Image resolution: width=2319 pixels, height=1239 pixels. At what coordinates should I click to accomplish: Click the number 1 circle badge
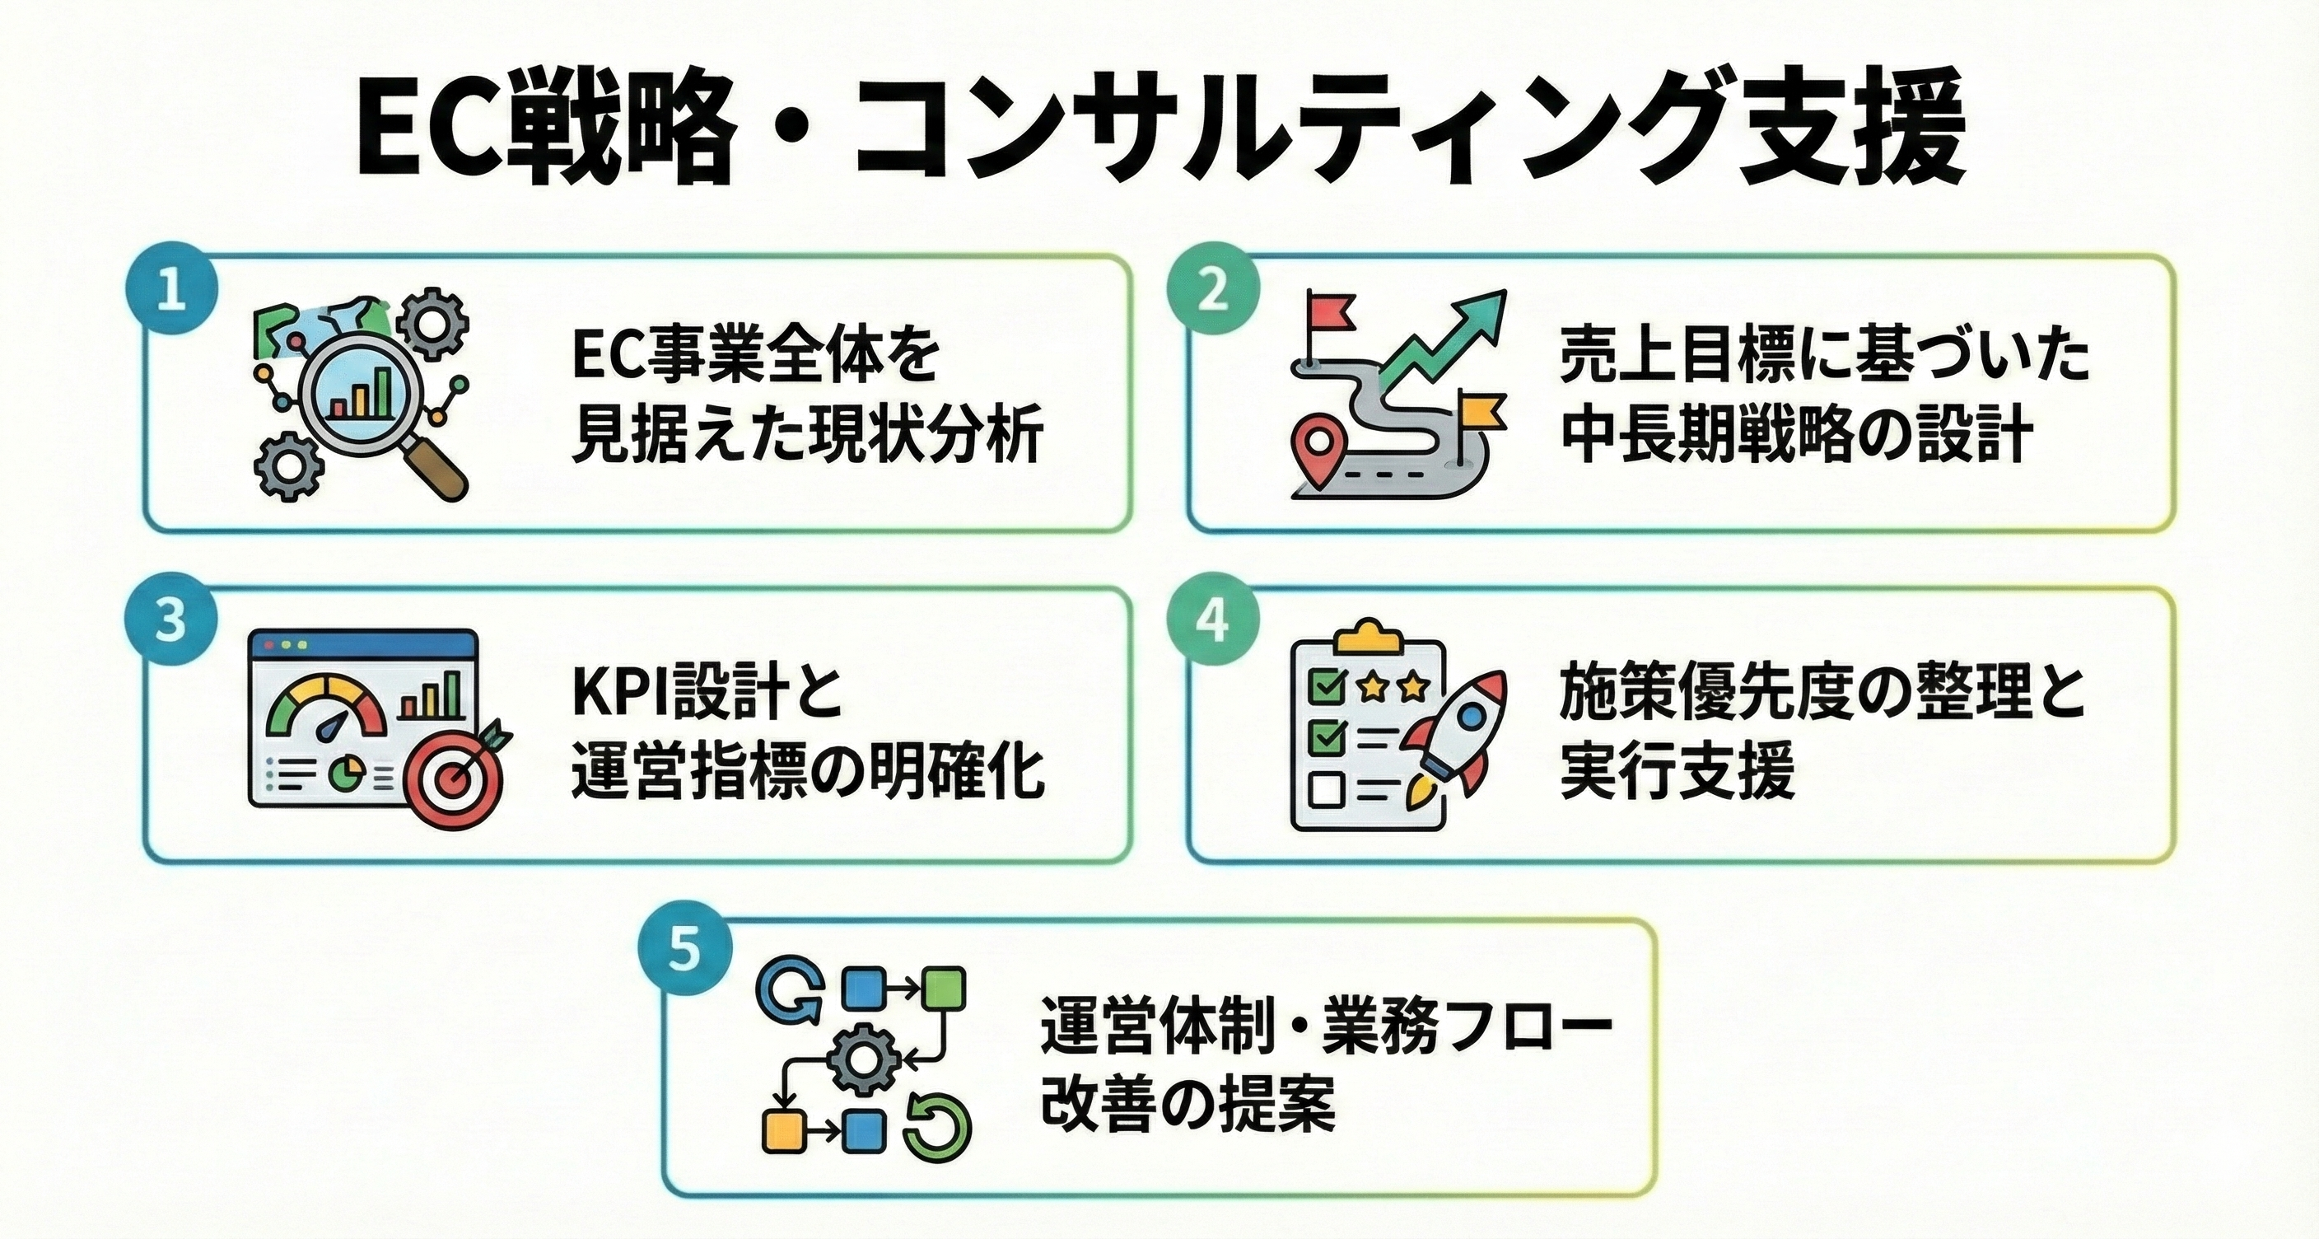(171, 292)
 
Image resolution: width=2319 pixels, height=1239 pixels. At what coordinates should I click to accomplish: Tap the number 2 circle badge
(1212, 292)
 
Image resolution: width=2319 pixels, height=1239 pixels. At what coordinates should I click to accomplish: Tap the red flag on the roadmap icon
(1327, 313)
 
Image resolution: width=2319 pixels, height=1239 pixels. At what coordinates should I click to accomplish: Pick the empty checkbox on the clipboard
(1326, 790)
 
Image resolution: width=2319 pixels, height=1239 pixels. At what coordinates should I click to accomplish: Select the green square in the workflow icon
(945, 988)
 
